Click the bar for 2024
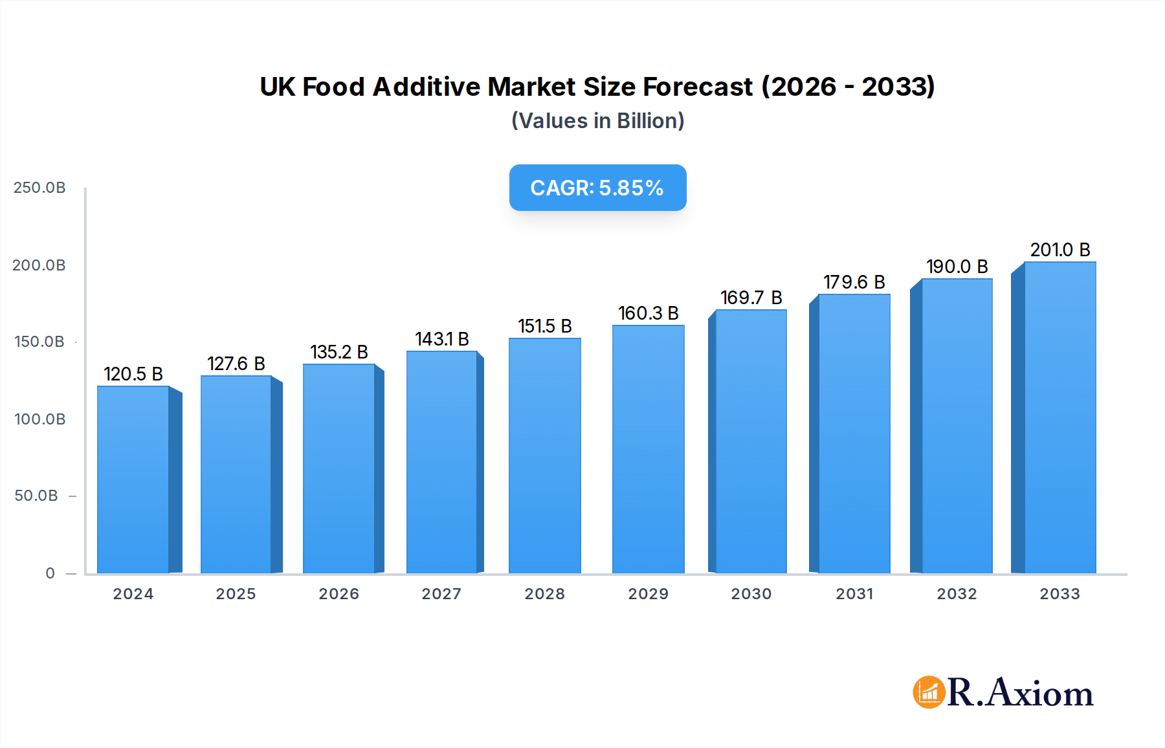click(133, 479)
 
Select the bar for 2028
click(545, 456)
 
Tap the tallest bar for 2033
click(1060, 417)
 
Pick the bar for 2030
click(751, 441)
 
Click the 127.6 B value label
click(236, 364)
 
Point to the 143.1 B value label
click(442, 339)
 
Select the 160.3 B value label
click(648, 313)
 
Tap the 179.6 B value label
click(854, 282)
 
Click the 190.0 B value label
click(957, 267)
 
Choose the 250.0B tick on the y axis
click(39, 188)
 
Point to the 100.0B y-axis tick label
click(39, 419)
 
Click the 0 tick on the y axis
click(50, 573)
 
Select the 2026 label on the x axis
click(338, 594)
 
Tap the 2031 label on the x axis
click(854, 594)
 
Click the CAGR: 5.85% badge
click(597, 188)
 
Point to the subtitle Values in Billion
click(597, 121)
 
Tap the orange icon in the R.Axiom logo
click(929, 692)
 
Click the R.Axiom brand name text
click(1020, 692)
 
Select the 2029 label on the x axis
click(648, 594)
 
